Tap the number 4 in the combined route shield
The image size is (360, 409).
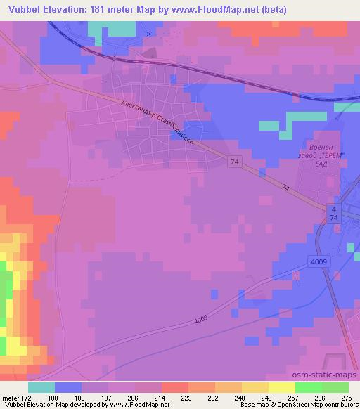coord(334,210)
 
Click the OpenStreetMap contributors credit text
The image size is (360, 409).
coord(322,405)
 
